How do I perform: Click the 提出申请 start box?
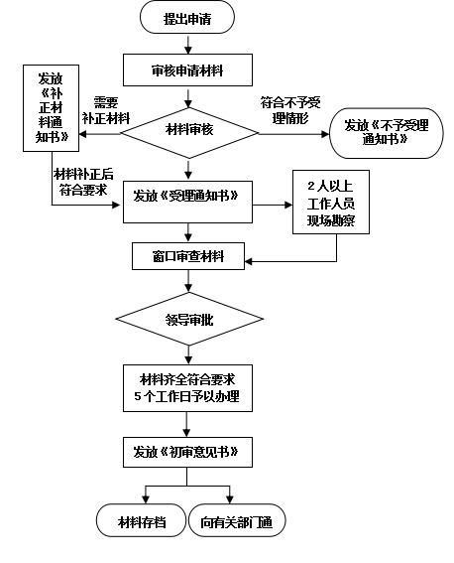(187, 17)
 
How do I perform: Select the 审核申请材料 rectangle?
(187, 70)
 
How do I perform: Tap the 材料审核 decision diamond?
(189, 133)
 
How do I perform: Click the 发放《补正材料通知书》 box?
(51, 108)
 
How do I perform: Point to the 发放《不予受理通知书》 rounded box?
(387, 133)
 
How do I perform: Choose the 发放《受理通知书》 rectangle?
(187, 202)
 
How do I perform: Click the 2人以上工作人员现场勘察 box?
(331, 203)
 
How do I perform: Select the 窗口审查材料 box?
(188, 256)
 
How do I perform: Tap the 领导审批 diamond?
(189, 319)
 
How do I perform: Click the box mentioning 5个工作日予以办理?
(187, 388)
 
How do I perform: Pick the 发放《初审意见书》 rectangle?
(187, 452)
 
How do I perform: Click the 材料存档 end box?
(141, 520)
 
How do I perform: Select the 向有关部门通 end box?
(237, 520)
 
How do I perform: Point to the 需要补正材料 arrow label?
(106, 110)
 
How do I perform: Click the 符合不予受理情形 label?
(290, 110)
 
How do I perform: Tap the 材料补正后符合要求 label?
(83, 182)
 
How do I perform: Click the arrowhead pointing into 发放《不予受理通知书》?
(325, 134)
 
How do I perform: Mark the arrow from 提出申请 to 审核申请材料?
(187, 44)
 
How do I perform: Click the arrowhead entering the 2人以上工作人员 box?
(288, 205)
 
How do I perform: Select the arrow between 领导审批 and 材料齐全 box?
(188, 355)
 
